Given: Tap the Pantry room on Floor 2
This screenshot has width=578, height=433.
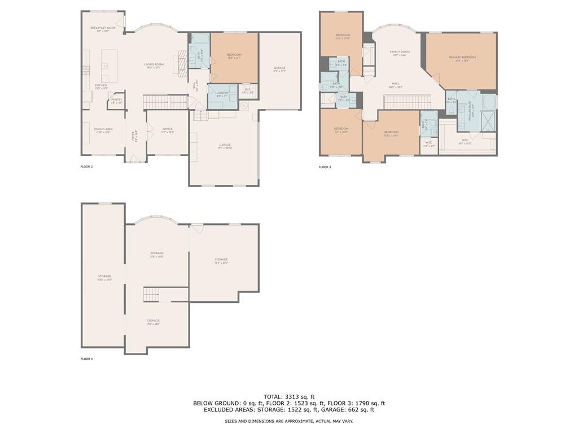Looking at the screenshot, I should (116, 101).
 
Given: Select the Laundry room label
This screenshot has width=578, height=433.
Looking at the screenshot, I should (222, 94).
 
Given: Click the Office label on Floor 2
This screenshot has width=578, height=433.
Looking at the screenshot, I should (167, 130).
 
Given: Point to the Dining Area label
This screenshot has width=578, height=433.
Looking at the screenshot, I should (103, 130).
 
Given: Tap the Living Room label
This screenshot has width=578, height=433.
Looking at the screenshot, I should (154, 65).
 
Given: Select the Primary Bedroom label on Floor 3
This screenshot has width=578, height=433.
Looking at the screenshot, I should (462, 59).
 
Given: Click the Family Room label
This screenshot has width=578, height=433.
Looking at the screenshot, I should (400, 53).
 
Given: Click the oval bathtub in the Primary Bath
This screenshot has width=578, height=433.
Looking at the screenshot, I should (489, 102).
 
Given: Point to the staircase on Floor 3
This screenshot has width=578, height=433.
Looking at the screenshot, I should (407, 102).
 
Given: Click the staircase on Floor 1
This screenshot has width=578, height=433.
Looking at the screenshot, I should (151, 294).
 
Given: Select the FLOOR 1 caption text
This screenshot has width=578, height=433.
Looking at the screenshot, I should (86, 359).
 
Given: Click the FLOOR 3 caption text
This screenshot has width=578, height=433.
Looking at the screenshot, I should (325, 167).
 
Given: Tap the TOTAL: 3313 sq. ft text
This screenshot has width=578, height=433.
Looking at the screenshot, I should (289, 396).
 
